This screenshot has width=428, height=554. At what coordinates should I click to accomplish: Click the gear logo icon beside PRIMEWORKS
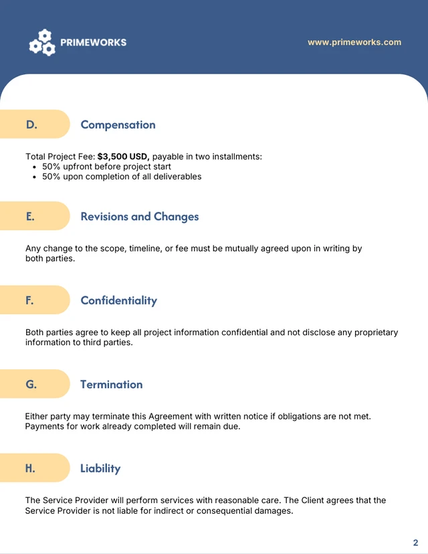click(x=41, y=42)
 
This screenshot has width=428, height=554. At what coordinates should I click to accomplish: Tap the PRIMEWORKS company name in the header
click(x=93, y=42)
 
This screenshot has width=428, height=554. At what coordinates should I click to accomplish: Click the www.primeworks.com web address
click(x=354, y=42)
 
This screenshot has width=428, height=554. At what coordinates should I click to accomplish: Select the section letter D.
click(x=31, y=124)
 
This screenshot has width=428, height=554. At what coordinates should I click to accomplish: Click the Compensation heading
click(x=118, y=124)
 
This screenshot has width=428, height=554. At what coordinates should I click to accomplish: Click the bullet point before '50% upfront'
click(x=35, y=167)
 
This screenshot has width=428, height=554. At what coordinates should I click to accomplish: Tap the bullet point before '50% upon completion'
click(x=35, y=177)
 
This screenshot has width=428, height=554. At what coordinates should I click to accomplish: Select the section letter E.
click(x=30, y=216)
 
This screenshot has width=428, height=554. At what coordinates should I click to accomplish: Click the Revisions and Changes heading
click(x=139, y=216)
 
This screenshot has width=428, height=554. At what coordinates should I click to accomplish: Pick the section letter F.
click(x=29, y=300)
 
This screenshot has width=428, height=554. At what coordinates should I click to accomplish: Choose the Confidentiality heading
click(x=118, y=300)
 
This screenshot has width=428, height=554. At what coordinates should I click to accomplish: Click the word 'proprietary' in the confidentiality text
click(x=372, y=332)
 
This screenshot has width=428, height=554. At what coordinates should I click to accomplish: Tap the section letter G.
click(x=31, y=384)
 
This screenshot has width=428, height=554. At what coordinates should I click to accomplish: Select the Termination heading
click(x=111, y=384)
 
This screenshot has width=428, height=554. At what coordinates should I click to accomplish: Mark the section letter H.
click(x=30, y=468)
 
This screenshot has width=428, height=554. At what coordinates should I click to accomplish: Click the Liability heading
click(x=100, y=468)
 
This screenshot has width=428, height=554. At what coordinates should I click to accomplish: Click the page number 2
click(x=415, y=543)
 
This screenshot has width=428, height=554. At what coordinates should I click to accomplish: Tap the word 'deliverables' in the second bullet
click(x=177, y=177)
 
